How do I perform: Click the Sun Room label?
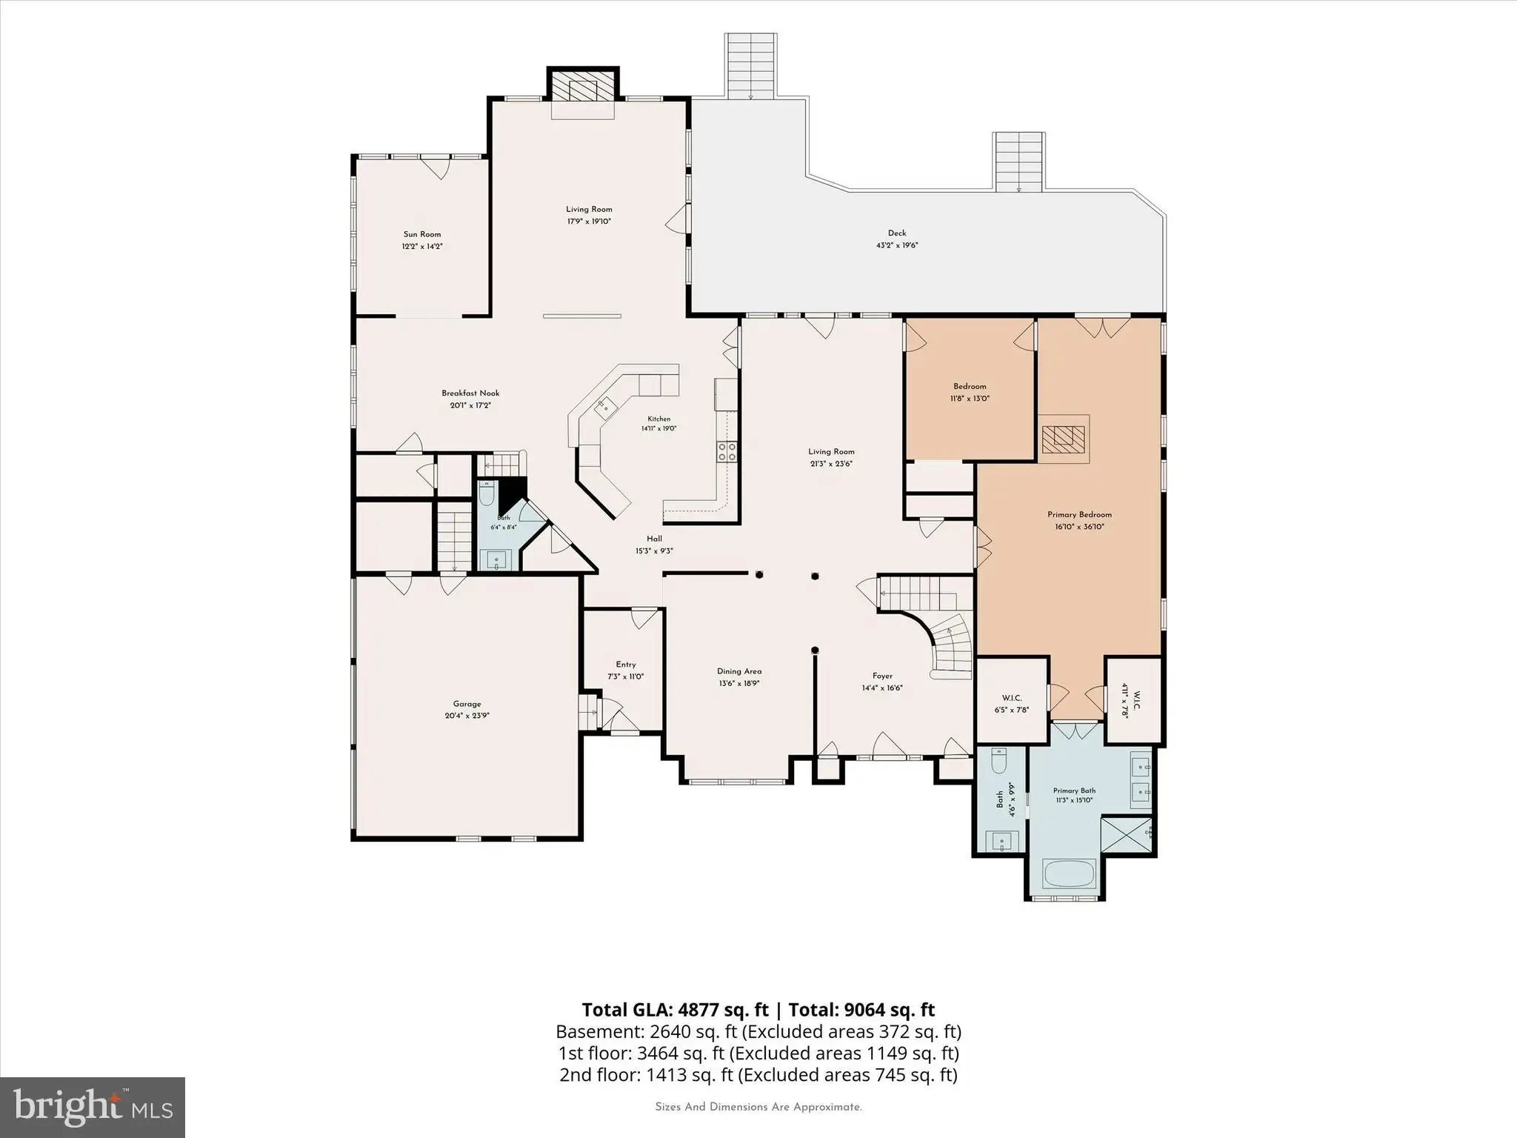click(x=421, y=234)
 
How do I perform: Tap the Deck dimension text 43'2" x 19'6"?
click(x=897, y=245)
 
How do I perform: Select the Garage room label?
click(x=467, y=704)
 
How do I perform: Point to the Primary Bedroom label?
click(x=1079, y=515)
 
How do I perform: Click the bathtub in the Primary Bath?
click(x=1069, y=874)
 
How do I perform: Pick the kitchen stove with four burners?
click(x=727, y=451)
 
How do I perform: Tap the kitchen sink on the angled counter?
click(x=605, y=405)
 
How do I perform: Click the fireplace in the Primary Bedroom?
click(x=1064, y=439)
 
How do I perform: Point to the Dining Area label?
click(x=739, y=671)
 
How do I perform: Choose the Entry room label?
click(x=626, y=665)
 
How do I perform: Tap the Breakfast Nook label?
click(x=470, y=393)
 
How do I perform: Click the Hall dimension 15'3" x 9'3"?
click(x=654, y=550)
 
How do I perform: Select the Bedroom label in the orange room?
click(x=970, y=386)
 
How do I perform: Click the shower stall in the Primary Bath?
click(x=1127, y=834)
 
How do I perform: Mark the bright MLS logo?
click(x=93, y=1107)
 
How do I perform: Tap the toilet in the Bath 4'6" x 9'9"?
click(x=998, y=762)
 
